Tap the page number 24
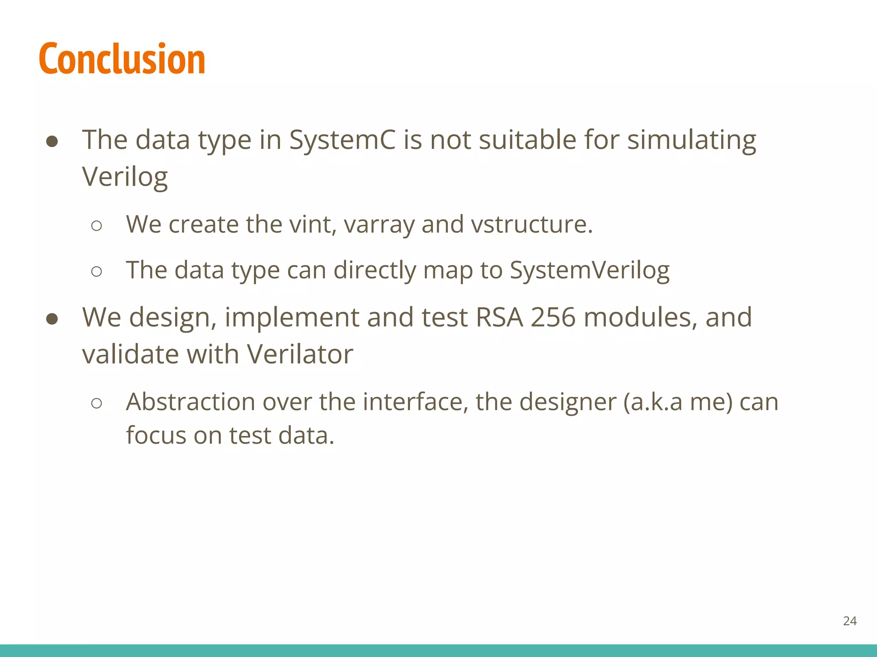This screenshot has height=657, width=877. click(850, 621)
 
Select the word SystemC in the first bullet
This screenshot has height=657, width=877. click(342, 140)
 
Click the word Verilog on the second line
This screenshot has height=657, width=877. click(125, 177)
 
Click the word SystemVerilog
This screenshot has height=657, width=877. click(589, 270)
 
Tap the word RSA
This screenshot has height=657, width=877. click(499, 317)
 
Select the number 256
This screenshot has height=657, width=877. click(553, 317)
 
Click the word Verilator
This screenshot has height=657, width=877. click(300, 355)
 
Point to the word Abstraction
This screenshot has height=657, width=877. click(191, 402)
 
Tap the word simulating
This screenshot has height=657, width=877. click(691, 140)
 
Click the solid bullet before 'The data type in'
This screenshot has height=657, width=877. click(52, 142)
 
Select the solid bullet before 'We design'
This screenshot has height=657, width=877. click(52, 319)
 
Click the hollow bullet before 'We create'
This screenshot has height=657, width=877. click(97, 226)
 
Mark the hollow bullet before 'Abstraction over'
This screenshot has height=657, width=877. click(97, 403)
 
